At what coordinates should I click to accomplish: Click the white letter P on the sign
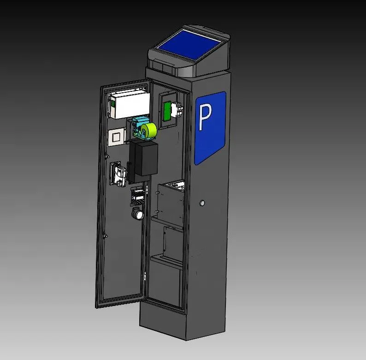click(x=204, y=117)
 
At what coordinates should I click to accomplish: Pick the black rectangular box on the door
click(x=143, y=158)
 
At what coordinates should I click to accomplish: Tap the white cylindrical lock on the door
click(x=138, y=214)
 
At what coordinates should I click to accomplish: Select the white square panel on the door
click(x=116, y=137)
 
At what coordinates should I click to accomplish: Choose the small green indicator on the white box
click(x=112, y=104)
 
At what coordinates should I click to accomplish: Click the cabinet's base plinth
click(x=184, y=323)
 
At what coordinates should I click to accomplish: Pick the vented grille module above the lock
click(x=137, y=196)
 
